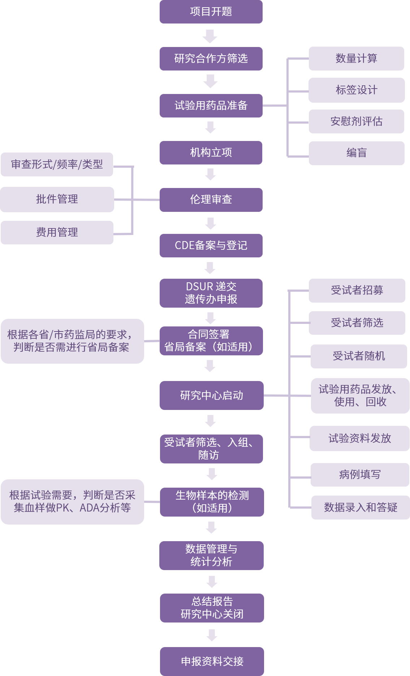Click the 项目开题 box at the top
(211, 12)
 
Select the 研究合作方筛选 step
(211, 59)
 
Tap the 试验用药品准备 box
(211, 106)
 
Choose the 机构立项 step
(211, 153)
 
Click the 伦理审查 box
(211, 200)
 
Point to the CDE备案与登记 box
(211, 245)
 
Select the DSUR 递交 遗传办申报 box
(211, 293)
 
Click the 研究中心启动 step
(212, 395)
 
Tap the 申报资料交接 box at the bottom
(212, 661)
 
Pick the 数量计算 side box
(356, 59)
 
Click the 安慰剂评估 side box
(356, 121)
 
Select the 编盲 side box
(356, 153)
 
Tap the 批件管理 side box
(57, 199)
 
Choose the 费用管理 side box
(57, 232)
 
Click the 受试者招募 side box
(357, 290)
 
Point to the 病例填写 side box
(360, 474)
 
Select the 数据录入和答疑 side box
(361, 508)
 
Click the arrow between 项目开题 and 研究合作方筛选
(210, 36)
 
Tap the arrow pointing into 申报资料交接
(212, 636)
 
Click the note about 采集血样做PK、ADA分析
(72, 502)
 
